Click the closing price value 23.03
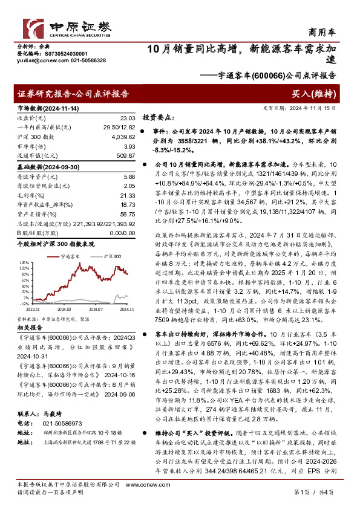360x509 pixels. tap(128, 118)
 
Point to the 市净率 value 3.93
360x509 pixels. tap(129, 146)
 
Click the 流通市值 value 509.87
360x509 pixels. tap(126, 156)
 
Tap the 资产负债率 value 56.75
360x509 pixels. tap(128, 214)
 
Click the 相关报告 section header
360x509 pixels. tap(28, 325)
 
